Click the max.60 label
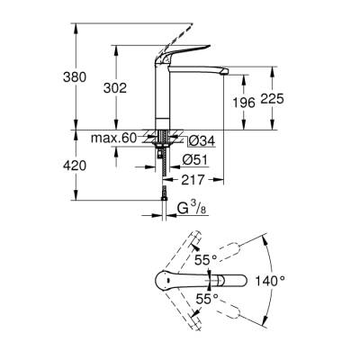(x=112, y=137)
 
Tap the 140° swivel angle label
(x=289, y=280)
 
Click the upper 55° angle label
(x=207, y=259)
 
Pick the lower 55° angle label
(x=207, y=298)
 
